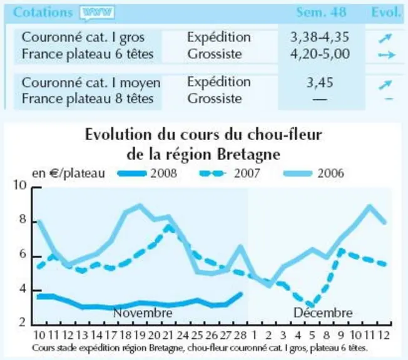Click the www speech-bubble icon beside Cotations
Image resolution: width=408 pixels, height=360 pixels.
tap(97, 12)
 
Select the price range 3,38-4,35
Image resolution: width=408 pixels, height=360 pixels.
tap(320, 37)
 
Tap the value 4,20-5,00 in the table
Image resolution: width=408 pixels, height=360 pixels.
tap(320, 54)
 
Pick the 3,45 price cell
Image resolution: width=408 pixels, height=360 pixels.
tap(320, 82)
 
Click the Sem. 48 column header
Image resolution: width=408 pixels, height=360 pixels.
tap(322, 12)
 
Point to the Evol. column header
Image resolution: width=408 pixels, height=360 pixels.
tap(386, 12)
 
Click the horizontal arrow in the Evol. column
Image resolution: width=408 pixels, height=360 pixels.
tap(387, 55)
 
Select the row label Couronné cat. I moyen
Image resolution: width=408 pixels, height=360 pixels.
tap(91, 83)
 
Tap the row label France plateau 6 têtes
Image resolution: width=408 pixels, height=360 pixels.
tap(88, 54)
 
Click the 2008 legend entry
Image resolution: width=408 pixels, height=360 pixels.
tap(147, 173)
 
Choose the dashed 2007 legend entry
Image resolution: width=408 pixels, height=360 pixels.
tap(230, 173)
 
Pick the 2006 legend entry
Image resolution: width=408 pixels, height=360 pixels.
tap(314, 173)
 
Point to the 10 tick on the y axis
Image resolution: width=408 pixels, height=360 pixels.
tap(20, 185)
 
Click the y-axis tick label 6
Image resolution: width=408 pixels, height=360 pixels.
tap(23, 254)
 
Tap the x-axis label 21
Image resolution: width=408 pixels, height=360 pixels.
tap(168, 335)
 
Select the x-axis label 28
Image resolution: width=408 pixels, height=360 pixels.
tap(240, 335)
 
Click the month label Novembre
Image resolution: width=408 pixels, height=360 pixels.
tap(143, 312)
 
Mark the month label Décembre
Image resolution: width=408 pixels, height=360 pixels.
tap(323, 312)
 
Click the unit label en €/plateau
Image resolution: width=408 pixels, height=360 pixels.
tap(68, 173)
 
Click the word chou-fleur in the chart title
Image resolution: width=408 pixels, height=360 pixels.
tap(285, 135)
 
